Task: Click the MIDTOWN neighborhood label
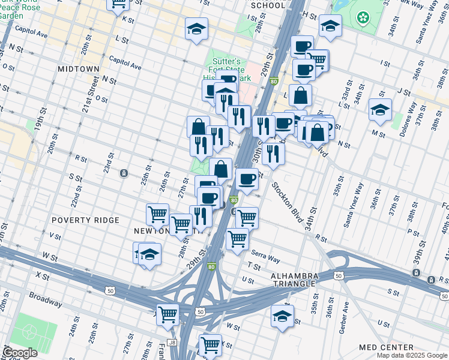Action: pyautogui.click(x=78, y=69)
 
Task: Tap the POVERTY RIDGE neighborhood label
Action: pyautogui.click(x=85, y=220)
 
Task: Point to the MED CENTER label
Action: pyautogui.click(x=386, y=347)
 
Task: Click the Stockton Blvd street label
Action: pyautogui.click(x=288, y=202)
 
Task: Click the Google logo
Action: pyautogui.click(x=20, y=353)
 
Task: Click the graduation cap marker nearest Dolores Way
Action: pyautogui.click(x=379, y=110)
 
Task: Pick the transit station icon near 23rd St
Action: pyautogui.click(x=123, y=173)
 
